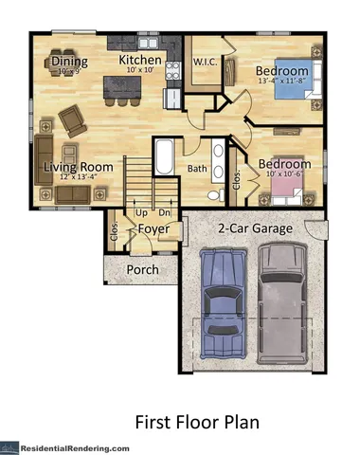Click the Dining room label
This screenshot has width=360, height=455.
pos(68,62)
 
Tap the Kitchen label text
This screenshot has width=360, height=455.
pos(141,61)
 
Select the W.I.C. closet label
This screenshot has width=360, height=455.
pos(207,63)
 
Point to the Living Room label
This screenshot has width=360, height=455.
pos(79,168)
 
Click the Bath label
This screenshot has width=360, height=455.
pos(197,169)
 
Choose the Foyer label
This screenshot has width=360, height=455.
pos(153,228)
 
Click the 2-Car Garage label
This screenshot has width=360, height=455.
pos(254,228)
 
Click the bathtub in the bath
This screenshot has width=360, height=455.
pos(163,159)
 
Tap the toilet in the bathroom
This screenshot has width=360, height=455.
pos(214,193)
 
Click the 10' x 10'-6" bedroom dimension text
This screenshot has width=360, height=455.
pos(286,174)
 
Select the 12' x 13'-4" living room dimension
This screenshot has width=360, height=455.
pos(79,177)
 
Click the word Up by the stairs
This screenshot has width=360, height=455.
pos(140,212)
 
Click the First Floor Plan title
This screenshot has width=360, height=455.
pos(197,420)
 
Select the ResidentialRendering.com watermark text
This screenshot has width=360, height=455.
pos(80,446)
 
